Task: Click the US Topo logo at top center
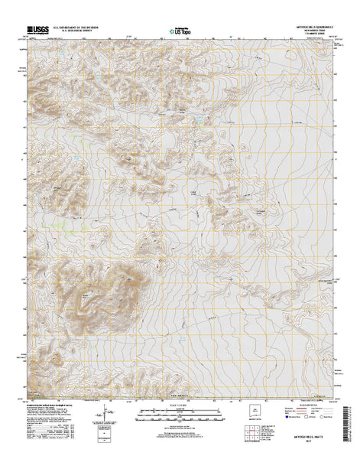(180, 31)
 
